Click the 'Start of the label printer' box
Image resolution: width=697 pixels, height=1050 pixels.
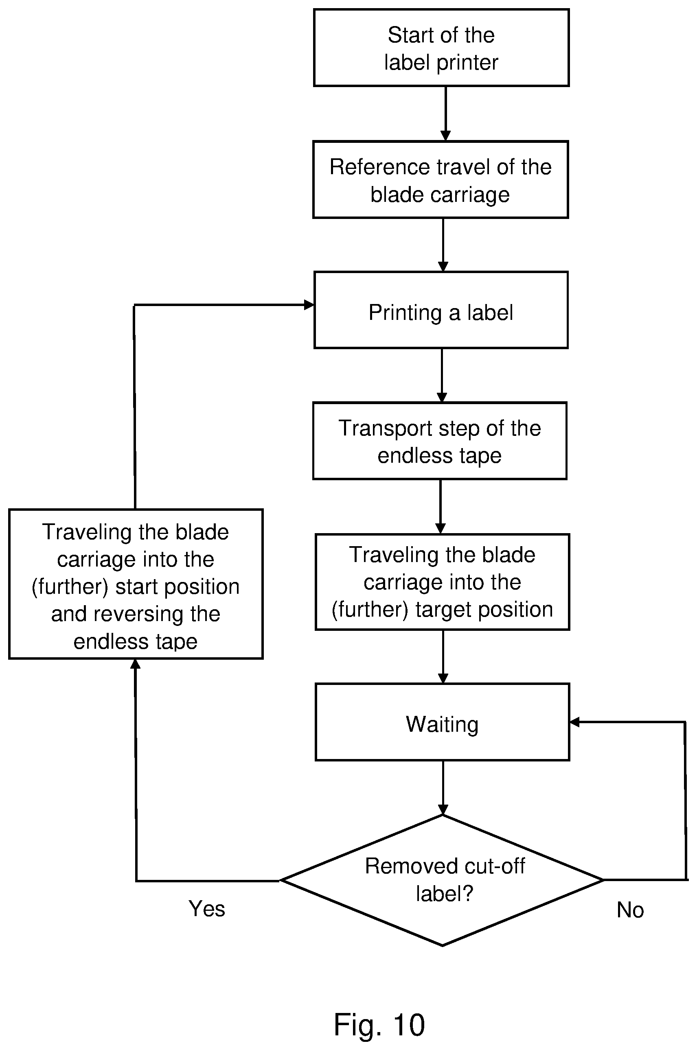[441, 48]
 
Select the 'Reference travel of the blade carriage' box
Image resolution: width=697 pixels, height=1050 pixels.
[441, 179]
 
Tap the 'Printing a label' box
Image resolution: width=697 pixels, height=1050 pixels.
[441, 310]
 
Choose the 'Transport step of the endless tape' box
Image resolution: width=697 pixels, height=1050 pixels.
[440, 441]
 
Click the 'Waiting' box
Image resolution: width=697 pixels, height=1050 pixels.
[442, 722]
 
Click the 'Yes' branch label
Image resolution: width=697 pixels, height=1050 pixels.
[207, 908]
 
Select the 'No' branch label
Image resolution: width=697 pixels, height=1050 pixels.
[630, 910]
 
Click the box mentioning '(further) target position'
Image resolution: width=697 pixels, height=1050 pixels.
[442, 582]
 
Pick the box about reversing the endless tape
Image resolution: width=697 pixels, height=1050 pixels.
[136, 584]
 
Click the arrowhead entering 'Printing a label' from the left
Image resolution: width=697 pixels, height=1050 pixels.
[309, 305]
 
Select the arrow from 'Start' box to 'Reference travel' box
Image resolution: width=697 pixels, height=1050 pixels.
[445, 114]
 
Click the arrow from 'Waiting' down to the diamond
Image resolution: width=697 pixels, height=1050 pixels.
[443, 788]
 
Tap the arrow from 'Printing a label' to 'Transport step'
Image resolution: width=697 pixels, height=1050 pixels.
[441, 376]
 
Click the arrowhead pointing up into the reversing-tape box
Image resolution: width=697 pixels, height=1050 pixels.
[136, 664]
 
